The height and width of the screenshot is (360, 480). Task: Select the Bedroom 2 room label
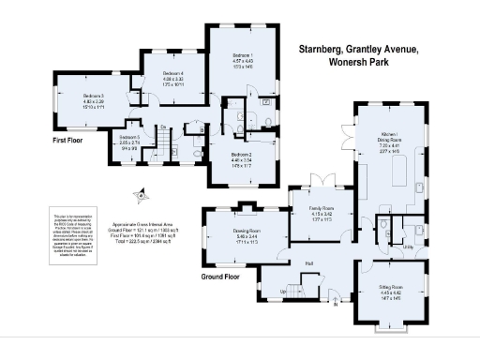tap(242, 156)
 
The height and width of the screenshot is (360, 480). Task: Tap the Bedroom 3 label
tap(92, 96)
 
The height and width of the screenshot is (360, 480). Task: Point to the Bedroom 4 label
tap(172, 72)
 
